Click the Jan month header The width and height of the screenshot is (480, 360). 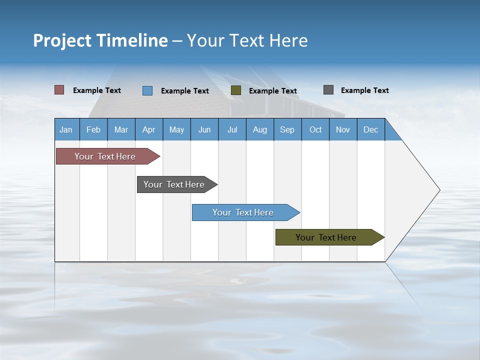tap(66, 129)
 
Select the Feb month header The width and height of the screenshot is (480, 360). tap(93, 129)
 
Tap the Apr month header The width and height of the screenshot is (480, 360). tap(148, 129)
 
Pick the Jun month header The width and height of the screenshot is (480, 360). tap(204, 129)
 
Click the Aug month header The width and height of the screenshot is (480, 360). tap(259, 129)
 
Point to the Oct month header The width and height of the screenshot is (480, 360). tap(315, 129)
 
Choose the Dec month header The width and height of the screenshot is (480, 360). tap(370, 129)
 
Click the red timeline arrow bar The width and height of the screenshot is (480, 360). tap(105, 156)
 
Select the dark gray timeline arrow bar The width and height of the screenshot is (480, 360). tap(174, 184)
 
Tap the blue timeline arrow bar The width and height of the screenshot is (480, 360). tap(243, 212)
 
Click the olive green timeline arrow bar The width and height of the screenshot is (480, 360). tap(326, 237)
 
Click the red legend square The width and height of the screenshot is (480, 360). tap(59, 90)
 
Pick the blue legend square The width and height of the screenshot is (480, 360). tap(147, 90)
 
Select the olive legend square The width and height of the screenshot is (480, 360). tap(236, 90)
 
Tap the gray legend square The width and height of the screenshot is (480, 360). tap(328, 90)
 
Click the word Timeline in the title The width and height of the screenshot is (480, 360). tap(131, 40)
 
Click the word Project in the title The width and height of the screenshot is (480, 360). tap(61, 40)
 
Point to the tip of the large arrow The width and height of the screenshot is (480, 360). tap(439, 190)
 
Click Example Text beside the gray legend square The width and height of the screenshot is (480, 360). tap(364, 90)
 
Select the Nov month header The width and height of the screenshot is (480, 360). tap(343, 129)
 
